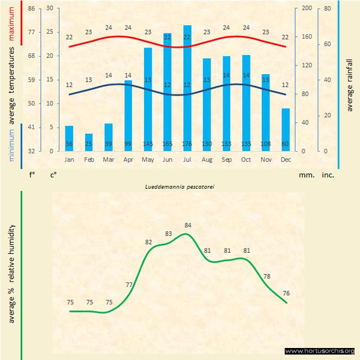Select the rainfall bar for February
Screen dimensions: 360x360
89,142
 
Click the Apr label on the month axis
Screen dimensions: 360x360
128,160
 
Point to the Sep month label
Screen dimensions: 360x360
226,160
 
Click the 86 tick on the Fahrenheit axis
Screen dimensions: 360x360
31,9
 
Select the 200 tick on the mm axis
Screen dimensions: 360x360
306,9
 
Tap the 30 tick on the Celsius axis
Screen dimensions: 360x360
50,9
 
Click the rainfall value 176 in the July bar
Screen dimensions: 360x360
187,144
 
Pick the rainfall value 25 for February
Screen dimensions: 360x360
89,144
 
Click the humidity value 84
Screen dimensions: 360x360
188,225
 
